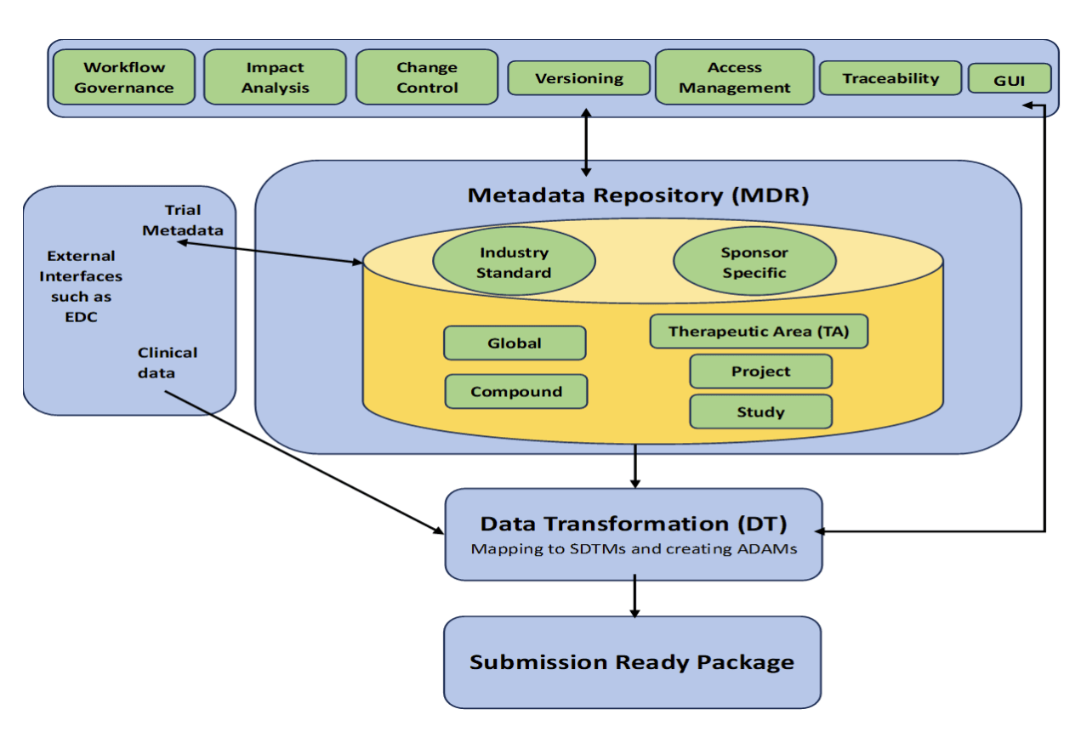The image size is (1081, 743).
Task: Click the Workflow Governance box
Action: point(124,77)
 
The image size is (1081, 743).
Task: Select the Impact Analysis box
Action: point(275,77)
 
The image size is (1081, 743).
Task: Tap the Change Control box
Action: point(426,77)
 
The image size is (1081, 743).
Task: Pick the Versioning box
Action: point(578,78)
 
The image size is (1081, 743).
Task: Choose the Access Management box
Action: point(734,77)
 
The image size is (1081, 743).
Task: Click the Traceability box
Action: point(890,78)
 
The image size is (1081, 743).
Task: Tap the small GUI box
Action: point(1010,79)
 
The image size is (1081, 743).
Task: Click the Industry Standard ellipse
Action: point(513,263)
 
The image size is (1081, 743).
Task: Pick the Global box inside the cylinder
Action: point(515,343)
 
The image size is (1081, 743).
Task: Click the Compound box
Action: point(516,392)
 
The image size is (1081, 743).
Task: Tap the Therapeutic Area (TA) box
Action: point(759,332)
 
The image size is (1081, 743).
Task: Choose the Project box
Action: point(760,371)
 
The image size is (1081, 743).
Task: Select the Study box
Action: point(760,412)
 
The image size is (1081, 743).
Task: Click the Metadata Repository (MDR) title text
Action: point(638,195)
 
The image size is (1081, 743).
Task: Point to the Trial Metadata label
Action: point(182,220)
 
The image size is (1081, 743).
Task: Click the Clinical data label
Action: point(167,361)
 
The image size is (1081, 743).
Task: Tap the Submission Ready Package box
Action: point(632,662)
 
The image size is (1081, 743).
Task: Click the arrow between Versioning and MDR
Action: point(585,143)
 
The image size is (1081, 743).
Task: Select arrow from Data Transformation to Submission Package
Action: point(634,598)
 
